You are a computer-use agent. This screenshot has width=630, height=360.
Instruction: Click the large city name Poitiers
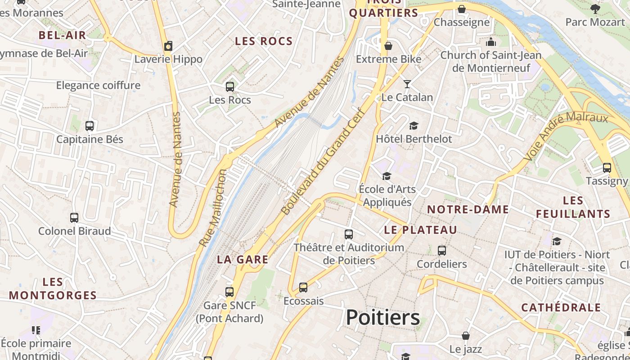point(382,317)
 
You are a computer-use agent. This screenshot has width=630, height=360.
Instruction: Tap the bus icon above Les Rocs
point(230,86)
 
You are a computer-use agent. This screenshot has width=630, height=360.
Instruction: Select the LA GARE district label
point(243,260)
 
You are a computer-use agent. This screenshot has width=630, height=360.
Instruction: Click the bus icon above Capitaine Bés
point(90,126)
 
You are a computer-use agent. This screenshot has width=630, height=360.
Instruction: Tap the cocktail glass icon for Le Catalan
point(407,84)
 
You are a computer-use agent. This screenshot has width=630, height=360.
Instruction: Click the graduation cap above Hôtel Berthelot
point(414,126)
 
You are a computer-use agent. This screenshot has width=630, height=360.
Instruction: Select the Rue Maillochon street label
point(213,208)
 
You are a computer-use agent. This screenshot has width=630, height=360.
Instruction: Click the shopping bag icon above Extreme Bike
point(388,46)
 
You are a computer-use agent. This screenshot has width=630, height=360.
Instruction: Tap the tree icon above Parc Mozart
point(595,9)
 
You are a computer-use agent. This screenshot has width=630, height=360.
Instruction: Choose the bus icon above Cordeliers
point(442,251)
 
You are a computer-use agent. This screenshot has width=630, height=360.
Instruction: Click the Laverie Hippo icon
point(168,46)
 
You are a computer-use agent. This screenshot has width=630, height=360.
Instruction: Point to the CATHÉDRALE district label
point(561,308)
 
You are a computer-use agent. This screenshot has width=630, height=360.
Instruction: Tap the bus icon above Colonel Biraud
point(74,218)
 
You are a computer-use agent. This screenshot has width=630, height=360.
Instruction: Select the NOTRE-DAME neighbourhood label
point(468,209)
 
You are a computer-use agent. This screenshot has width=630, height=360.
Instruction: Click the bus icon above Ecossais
point(303,288)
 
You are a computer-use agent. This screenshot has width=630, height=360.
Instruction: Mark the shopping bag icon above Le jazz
point(466,336)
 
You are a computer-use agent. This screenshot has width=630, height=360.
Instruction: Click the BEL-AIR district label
point(62,36)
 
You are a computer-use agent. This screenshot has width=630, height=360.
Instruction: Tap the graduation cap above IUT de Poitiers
point(557,242)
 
